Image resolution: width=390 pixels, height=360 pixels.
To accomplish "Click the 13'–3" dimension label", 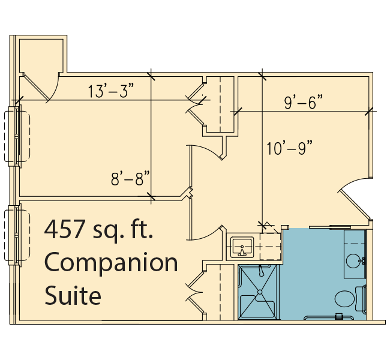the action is pyautogui.click(x=111, y=91).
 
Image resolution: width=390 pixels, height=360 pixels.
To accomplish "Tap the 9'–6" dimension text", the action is pyautogui.click(x=303, y=102).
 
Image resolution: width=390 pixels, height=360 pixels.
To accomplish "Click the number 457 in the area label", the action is pyautogui.click(x=64, y=229).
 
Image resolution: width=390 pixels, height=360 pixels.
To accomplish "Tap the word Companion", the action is pyautogui.click(x=111, y=263).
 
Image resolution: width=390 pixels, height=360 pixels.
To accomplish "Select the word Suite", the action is pyautogui.click(x=73, y=295).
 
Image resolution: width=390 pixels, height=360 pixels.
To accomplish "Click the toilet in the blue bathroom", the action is pyautogui.click(x=350, y=299).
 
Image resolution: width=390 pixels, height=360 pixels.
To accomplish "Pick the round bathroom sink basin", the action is pyautogui.click(x=353, y=261).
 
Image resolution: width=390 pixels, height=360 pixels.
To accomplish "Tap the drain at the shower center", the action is pyautogui.click(x=260, y=292).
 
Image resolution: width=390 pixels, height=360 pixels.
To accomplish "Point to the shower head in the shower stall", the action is pyautogui.click(x=260, y=271).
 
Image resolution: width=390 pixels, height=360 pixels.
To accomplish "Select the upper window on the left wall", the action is pyautogui.click(x=17, y=136).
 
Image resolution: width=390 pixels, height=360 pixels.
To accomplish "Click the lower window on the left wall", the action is pyautogui.click(x=17, y=235).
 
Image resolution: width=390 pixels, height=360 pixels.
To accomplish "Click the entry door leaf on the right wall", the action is pyautogui.click(x=355, y=205).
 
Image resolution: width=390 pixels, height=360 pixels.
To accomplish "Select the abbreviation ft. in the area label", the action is pyautogui.click(x=141, y=229).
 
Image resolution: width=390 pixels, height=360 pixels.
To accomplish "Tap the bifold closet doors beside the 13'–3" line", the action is pyautogui.click(x=196, y=105).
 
